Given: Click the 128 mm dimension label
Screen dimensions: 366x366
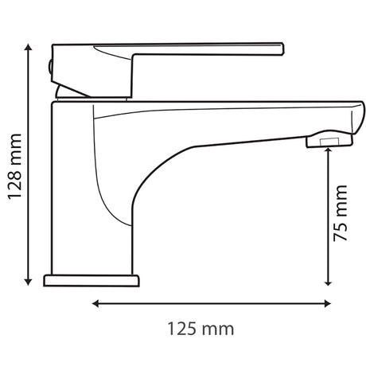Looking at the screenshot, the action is (x=14, y=166).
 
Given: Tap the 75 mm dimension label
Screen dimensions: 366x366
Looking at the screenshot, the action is (x=340, y=213).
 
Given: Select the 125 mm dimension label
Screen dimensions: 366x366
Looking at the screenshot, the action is (x=201, y=329).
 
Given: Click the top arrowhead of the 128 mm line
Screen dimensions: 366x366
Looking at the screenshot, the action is (x=28, y=47).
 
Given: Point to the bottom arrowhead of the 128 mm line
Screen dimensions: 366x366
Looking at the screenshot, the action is (x=28, y=282).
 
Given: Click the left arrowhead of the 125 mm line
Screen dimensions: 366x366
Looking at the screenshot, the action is (x=95, y=303).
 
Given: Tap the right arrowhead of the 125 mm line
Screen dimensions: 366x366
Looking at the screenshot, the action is (x=328, y=303).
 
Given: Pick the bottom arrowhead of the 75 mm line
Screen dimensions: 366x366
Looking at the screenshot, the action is (x=328, y=282).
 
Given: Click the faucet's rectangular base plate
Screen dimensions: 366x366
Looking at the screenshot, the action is (x=91, y=281).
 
